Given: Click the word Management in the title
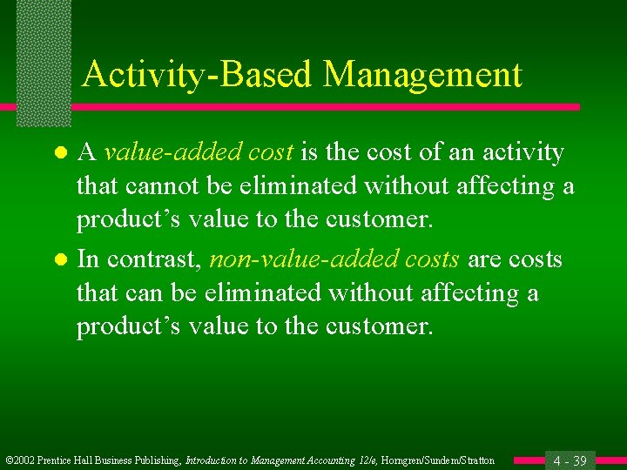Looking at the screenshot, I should (422, 75).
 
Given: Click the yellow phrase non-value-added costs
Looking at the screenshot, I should (335, 259).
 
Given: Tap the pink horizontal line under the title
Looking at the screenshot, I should (322, 107).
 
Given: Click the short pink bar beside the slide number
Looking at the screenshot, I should (528, 460).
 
